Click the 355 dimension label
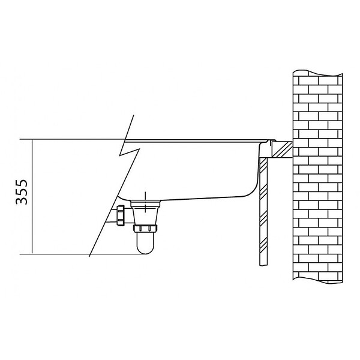[x=22, y=192]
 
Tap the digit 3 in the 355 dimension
[x=22, y=200]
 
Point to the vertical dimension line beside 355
[x=32, y=197]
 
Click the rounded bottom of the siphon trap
[x=145, y=249]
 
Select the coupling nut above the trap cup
[x=145, y=229]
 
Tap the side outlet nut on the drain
[x=121, y=215]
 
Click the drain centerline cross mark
[x=145, y=202]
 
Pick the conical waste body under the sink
[x=145, y=212]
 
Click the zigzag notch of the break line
[x=129, y=152]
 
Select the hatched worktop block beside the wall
[x=282, y=149]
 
